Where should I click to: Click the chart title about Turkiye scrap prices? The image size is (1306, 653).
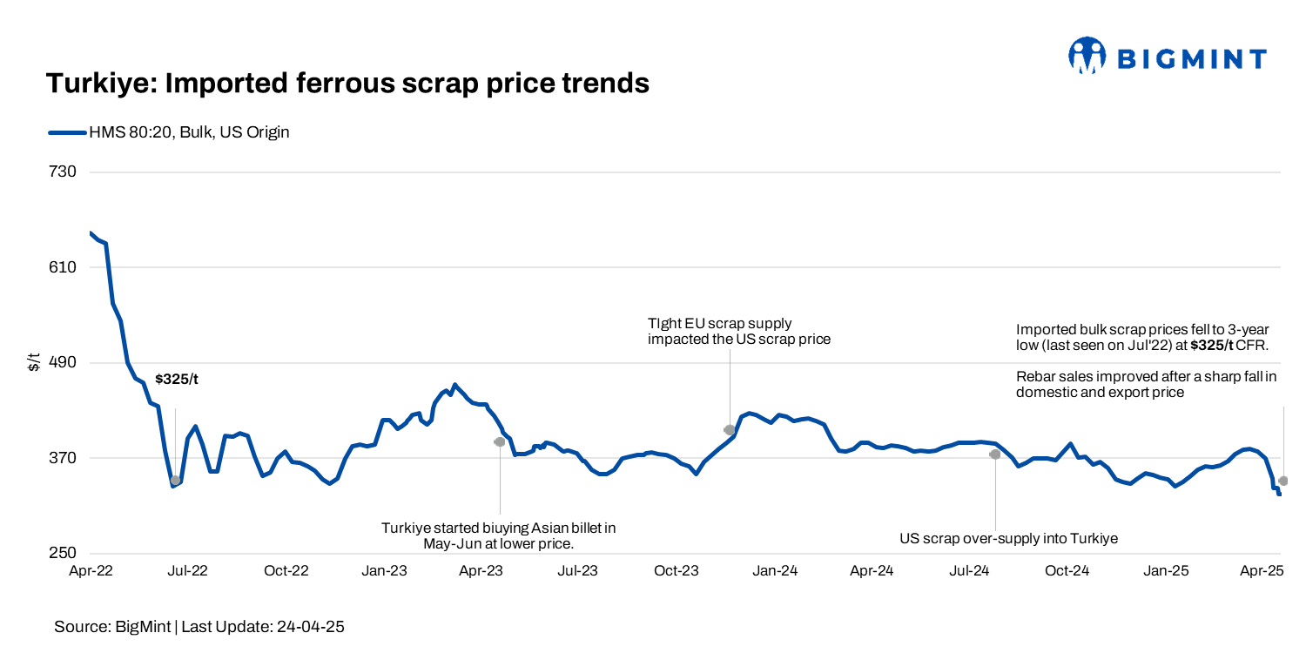(347, 84)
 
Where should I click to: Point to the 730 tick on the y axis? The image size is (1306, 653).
(64, 172)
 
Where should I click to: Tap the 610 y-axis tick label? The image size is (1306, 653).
(64, 267)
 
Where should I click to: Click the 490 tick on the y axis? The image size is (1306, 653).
(64, 362)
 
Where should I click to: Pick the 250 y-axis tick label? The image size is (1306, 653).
(64, 553)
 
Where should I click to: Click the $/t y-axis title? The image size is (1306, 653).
(34, 362)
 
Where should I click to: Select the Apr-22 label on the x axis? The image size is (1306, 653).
(91, 571)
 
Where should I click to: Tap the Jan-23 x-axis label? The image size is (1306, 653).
(384, 571)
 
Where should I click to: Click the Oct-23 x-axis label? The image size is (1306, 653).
(677, 571)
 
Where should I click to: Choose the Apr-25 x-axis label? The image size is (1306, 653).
(1262, 571)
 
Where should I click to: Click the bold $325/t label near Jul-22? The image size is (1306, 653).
(177, 380)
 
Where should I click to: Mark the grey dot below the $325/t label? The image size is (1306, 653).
(175, 480)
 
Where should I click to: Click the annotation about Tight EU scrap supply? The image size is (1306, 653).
(738, 331)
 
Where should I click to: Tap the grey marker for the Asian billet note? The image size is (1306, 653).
(500, 441)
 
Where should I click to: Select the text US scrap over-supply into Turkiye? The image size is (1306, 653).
(1008, 539)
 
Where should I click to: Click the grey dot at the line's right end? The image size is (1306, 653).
(1283, 481)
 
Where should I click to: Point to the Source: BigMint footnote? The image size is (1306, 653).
(199, 627)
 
